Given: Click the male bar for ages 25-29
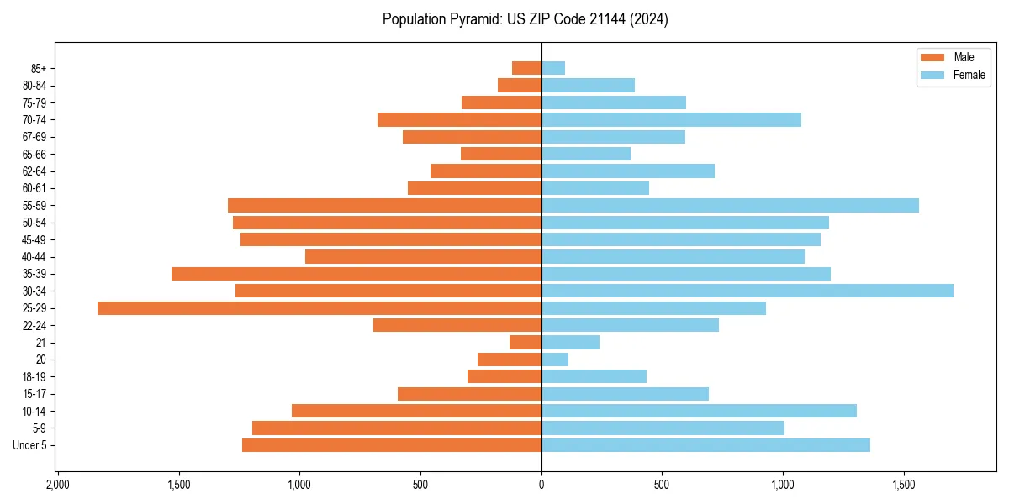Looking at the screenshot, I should (320, 308).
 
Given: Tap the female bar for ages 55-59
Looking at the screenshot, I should (730, 206).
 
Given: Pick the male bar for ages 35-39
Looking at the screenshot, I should (357, 274).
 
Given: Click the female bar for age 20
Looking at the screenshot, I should (555, 360).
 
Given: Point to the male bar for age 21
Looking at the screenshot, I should (526, 343).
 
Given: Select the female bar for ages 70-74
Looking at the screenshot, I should (671, 120).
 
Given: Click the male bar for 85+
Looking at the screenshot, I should (526, 68).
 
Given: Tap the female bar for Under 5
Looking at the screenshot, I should (705, 445).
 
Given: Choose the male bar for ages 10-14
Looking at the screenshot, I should (416, 411).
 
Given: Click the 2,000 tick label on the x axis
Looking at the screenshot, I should (57, 486).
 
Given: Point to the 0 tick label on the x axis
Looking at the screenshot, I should (541, 486).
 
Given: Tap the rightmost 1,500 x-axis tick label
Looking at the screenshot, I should (904, 486).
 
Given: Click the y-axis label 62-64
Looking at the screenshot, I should (34, 171).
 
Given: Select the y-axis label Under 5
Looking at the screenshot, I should (30, 445).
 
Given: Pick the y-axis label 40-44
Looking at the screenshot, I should (34, 257).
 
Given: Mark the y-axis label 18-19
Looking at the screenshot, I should (34, 377).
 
